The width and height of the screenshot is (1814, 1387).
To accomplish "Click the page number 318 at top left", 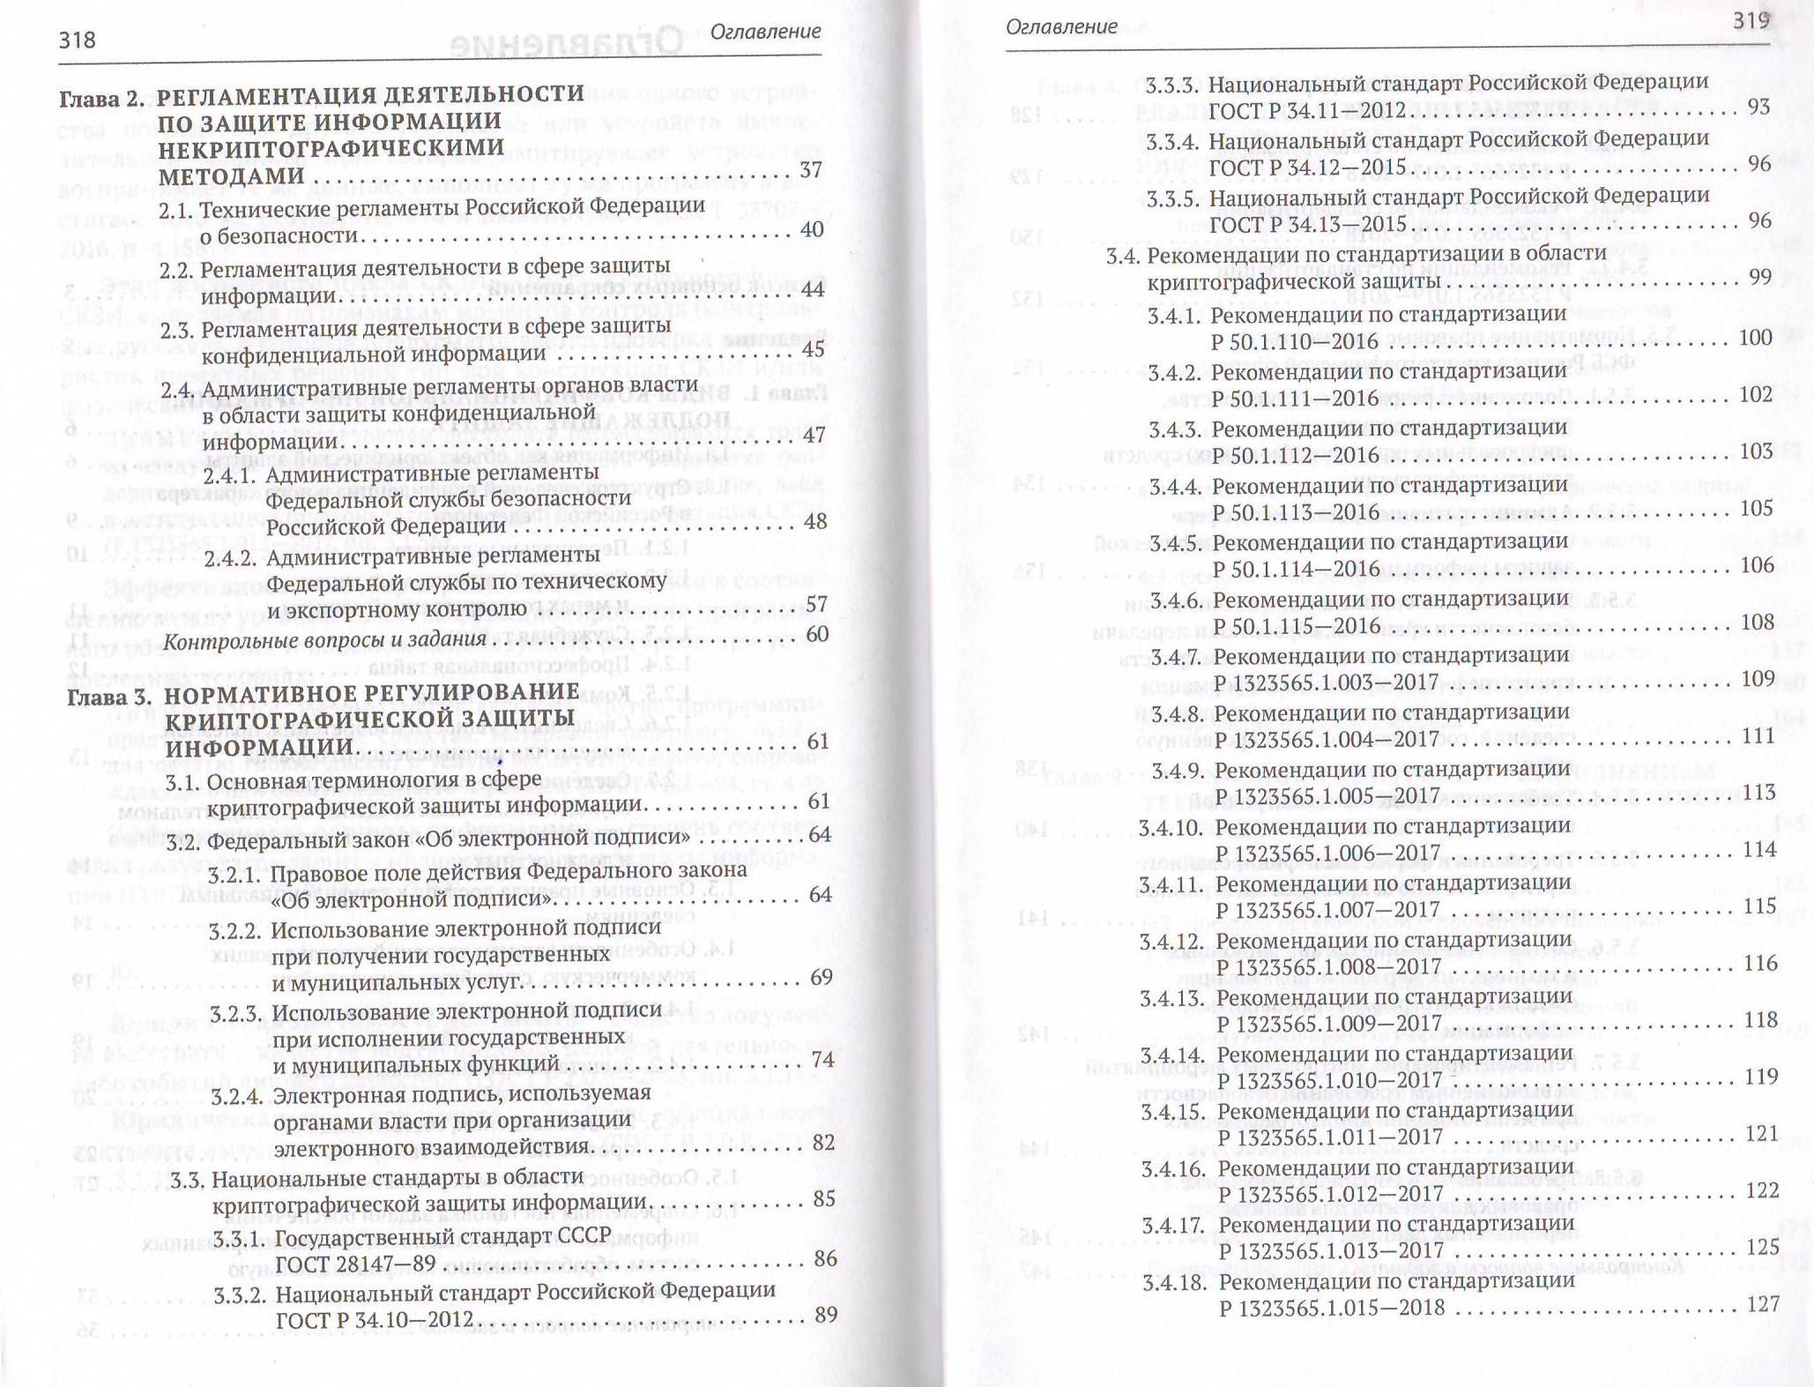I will pyautogui.click(x=77, y=41).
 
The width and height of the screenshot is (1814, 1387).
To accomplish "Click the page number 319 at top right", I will pyautogui.click(x=1751, y=21).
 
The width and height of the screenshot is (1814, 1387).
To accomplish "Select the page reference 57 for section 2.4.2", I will pyautogui.click(x=817, y=604).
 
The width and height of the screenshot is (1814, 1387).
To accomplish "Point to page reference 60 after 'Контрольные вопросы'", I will pyautogui.click(x=817, y=635).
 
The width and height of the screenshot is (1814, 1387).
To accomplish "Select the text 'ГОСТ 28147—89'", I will pyautogui.click(x=355, y=1264).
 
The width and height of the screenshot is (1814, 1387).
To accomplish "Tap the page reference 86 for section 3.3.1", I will pyautogui.click(x=825, y=1258).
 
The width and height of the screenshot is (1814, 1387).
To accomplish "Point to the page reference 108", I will pyautogui.click(x=1756, y=622).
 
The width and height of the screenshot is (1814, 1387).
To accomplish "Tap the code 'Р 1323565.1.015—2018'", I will pyautogui.click(x=1332, y=1309).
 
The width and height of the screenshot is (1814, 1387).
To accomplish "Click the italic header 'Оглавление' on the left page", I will pyautogui.click(x=765, y=32).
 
